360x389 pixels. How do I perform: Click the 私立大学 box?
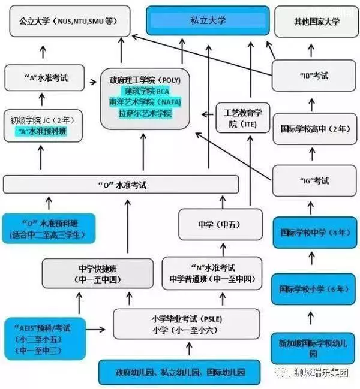pyautogui.click(x=208, y=20)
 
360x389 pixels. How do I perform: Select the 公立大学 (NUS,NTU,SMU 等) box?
pyautogui.click(x=70, y=21)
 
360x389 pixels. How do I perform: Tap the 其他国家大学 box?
pyautogui.click(x=317, y=22)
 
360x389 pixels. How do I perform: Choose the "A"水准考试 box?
pyautogui.click(x=44, y=78)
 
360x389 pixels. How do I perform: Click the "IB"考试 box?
pyautogui.click(x=314, y=76)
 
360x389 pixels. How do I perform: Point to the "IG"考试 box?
pyautogui.click(x=314, y=181)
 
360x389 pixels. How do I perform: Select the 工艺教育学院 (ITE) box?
pyautogui.click(x=243, y=118)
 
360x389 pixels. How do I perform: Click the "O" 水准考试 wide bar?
pyautogui.click(x=121, y=185)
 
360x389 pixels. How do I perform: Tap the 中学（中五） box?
pyautogui.click(x=220, y=225)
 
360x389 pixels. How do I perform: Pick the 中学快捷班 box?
pyautogui.click(x=98, y=273)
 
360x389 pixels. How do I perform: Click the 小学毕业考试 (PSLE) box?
pyautogui.click(x=187, y=324)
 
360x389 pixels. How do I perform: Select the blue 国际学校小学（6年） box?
pyautogui.click(x=314, y=290)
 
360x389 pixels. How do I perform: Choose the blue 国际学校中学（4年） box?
pyautogui.click(x=315, y=233)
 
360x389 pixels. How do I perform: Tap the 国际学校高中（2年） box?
pyautogui.click(x=315, y=129)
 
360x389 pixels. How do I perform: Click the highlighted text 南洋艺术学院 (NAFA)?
pyautogui.click(x=145, y=102)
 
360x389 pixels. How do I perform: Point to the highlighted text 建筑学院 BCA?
pyautogui.click(x=147, y=91)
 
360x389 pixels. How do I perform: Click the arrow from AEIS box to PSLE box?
pyautogui.click(x=95, y=330)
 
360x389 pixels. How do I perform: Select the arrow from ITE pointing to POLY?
pyautogui.click(x=208, y=114)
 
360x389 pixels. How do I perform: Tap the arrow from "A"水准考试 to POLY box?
pyautogui.click(x=93, y=82)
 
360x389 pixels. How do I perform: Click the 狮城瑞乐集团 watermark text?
pyautogui.click(x=322, y=372)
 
